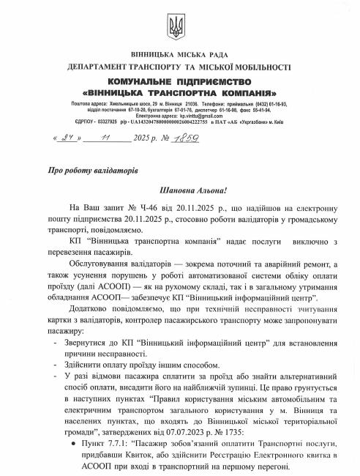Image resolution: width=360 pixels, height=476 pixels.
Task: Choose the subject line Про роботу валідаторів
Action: (86, 168)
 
